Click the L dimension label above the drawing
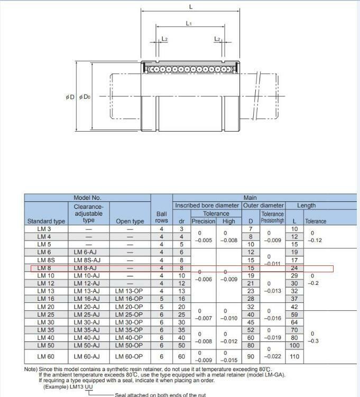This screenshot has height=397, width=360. (191, 7)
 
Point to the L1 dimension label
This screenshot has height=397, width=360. (189, 24)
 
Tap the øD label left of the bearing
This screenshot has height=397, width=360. (70, 97)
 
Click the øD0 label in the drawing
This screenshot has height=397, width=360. (85, 97)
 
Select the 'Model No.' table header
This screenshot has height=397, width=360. (87, 198)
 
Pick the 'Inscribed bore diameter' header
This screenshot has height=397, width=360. (207, 205)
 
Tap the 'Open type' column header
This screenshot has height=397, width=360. (130, 221)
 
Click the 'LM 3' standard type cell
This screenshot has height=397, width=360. (44, 229)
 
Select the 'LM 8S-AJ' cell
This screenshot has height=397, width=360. (87, 260)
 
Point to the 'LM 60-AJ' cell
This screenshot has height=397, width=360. (87, 356)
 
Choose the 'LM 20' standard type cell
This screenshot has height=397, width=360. (44, 307)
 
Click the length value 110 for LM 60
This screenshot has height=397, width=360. (294, 356)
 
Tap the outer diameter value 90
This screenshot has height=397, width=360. (251, 356)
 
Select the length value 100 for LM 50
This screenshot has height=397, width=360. (294, 345)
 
